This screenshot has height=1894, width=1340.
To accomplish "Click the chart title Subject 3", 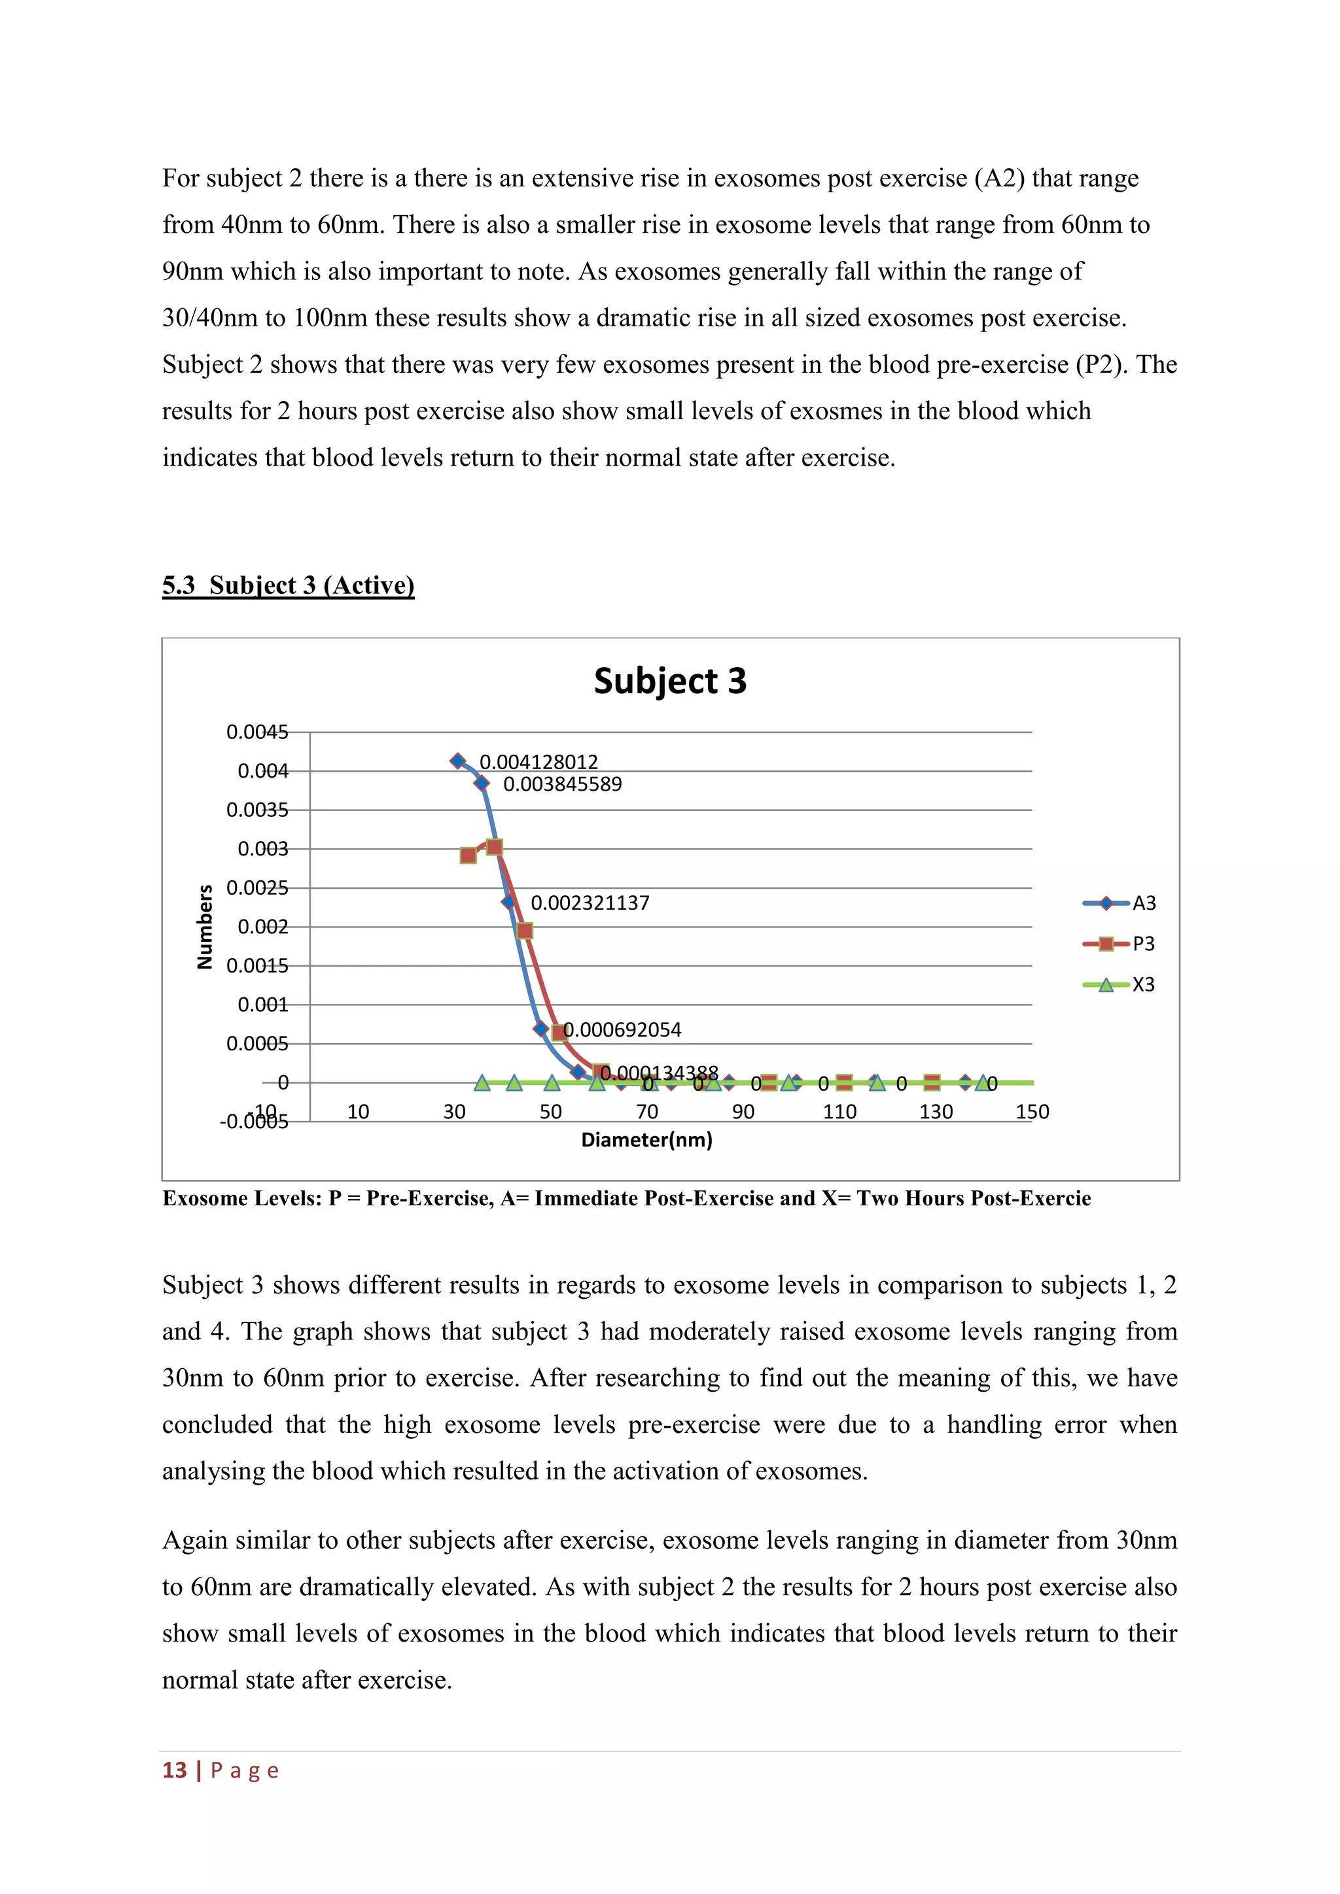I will point(669,681).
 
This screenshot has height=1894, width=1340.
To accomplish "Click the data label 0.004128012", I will point(538,761).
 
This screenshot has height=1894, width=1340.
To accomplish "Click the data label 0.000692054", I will point(622,1029).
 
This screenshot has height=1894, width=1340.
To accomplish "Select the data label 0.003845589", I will point(562,783).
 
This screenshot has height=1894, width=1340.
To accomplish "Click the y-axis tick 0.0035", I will point(257,810).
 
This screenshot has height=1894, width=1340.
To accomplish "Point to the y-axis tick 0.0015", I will point(257,966).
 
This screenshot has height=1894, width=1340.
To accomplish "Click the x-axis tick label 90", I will point(743,1112).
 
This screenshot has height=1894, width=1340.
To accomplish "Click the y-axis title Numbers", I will point(205,926).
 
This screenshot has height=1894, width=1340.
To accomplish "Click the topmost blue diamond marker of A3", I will point(458,761).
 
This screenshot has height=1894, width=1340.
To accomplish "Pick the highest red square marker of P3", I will point(494,847).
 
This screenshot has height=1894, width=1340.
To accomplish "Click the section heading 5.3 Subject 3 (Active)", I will point(288,585).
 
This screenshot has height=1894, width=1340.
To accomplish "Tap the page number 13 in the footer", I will point(174,1770).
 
